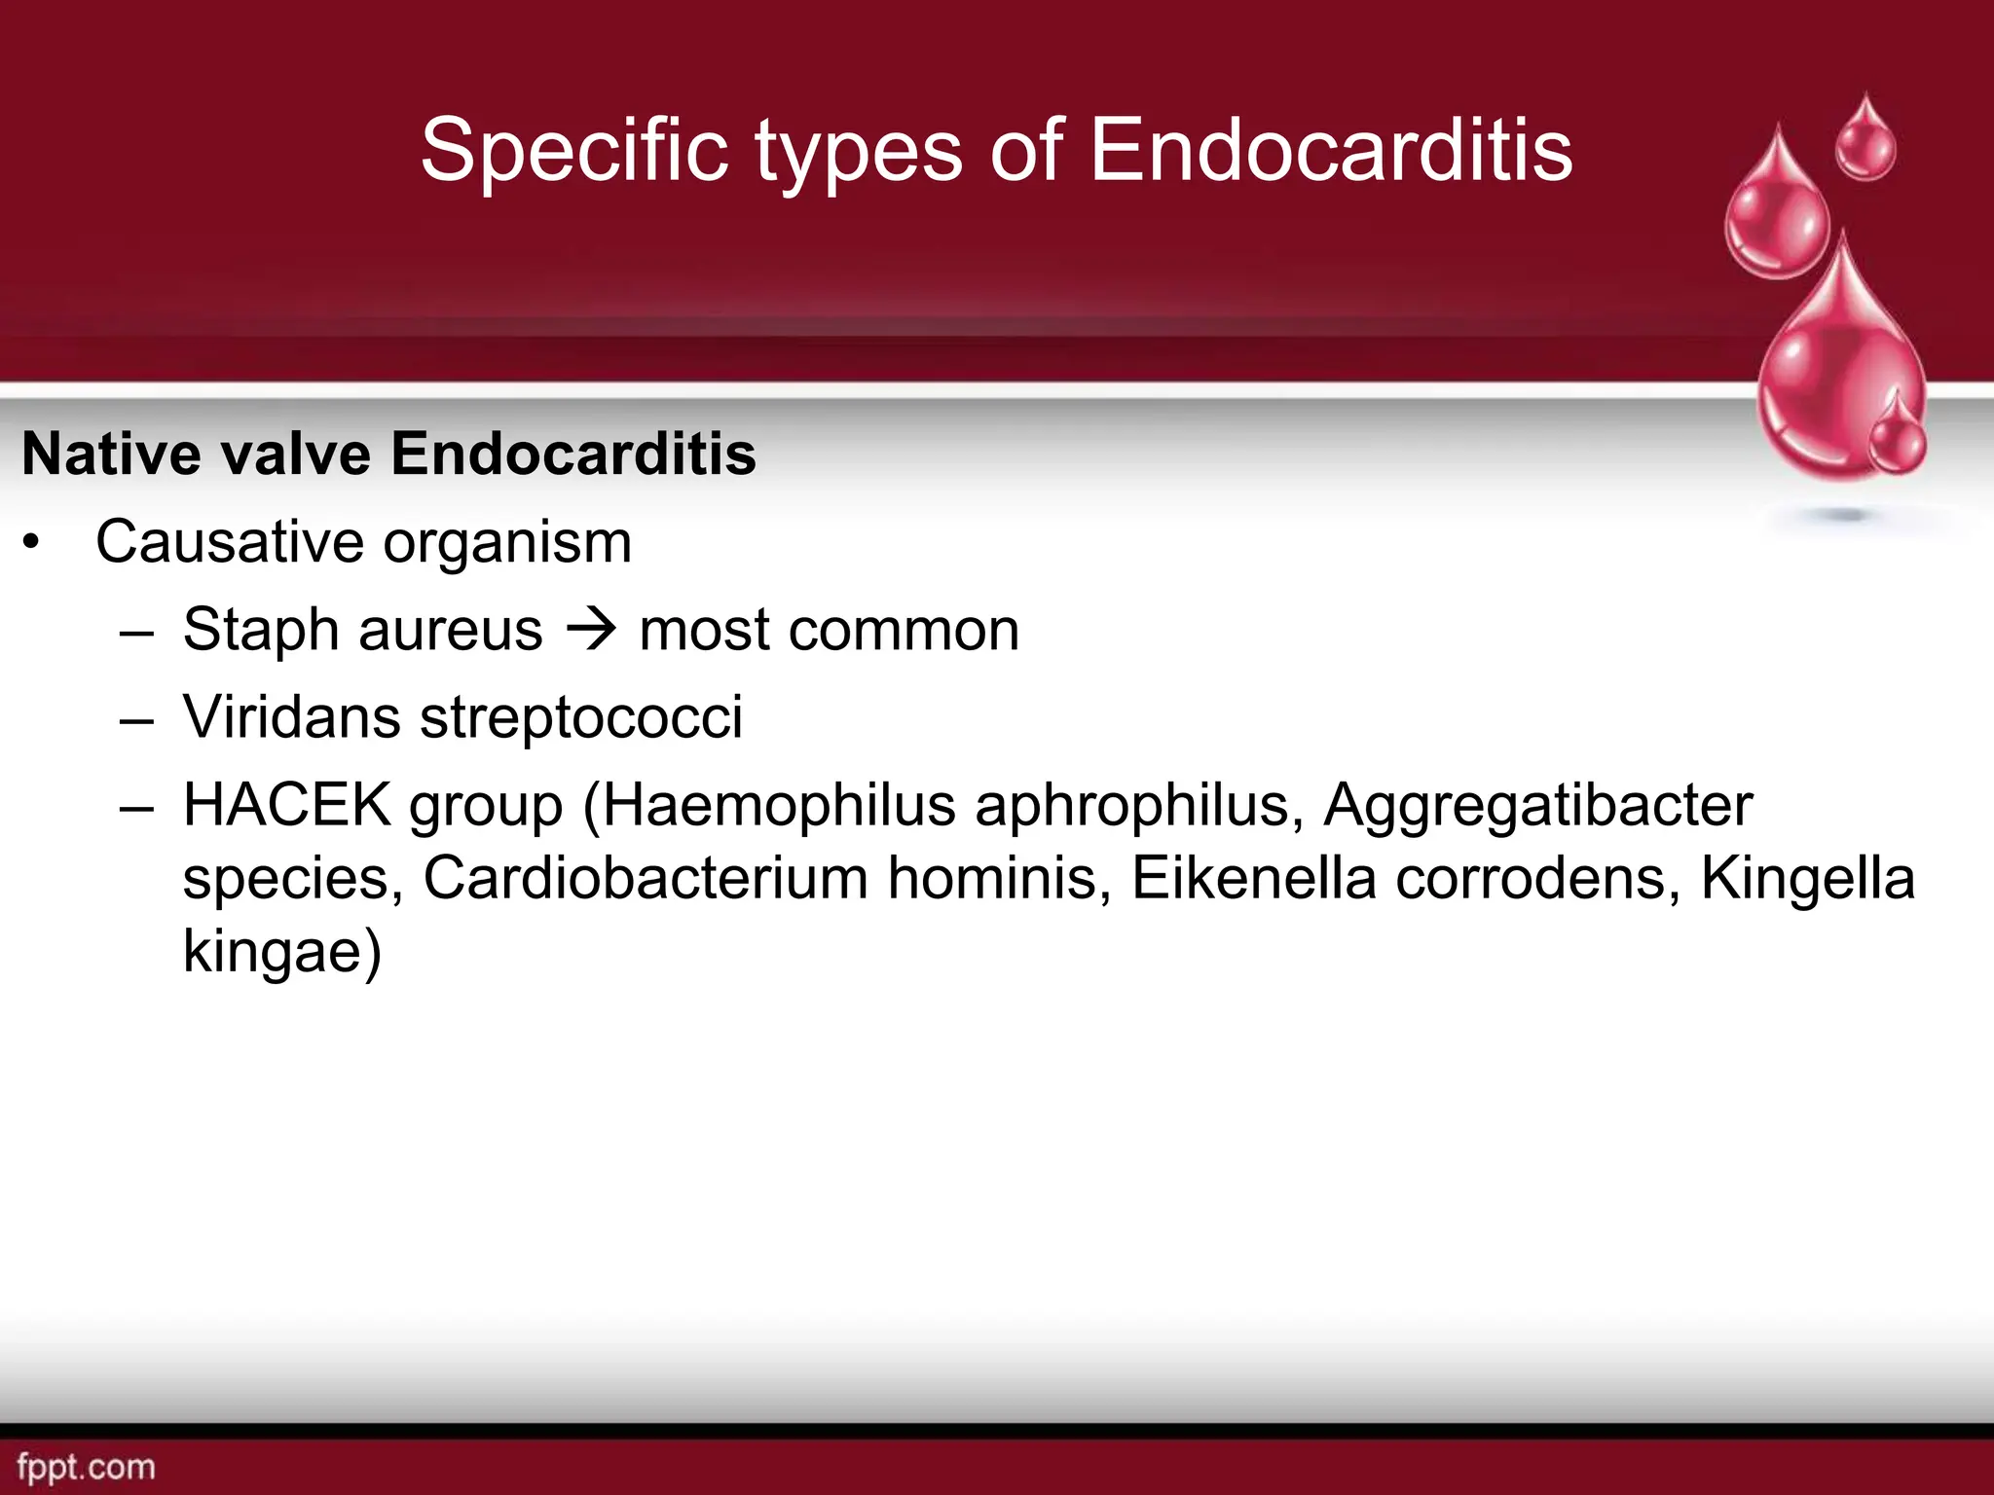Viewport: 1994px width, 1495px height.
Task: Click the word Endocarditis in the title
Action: tap(1330, 151)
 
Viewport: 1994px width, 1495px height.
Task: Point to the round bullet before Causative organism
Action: tap(32, 544)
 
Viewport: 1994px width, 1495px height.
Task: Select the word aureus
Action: tap(450, 631)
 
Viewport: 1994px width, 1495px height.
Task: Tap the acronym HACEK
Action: tap(286, 805)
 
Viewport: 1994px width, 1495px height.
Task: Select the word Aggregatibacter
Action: tap(1537, 807)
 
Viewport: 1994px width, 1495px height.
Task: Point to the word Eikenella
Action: tap(1253, 878)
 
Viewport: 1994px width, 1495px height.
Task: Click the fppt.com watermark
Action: tap(86, 1467)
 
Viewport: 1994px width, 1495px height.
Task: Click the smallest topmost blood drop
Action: tap(1865, 141)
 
